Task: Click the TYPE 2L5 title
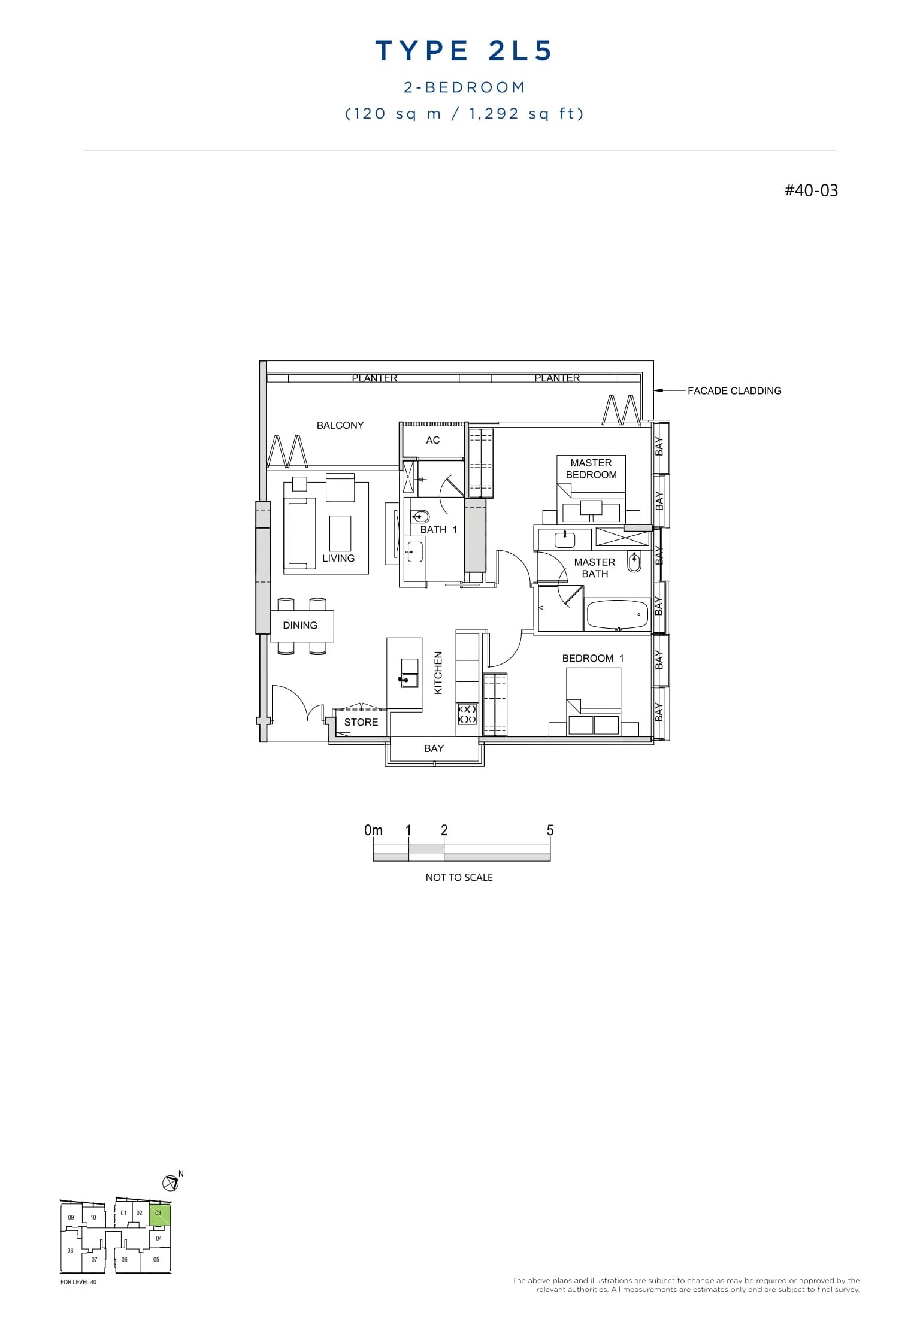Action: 463,51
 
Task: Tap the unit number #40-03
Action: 811,190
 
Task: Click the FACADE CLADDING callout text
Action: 734,391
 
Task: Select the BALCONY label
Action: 340,425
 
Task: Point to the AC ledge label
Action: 432,440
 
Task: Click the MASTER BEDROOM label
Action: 591,469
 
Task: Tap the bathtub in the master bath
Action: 617,614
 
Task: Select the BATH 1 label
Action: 438,529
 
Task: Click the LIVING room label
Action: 338,558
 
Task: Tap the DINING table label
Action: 300,625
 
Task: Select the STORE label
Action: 361,722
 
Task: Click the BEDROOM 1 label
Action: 593,658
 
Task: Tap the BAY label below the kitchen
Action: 434,748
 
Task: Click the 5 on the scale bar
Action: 550,830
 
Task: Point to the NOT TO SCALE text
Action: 459,877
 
